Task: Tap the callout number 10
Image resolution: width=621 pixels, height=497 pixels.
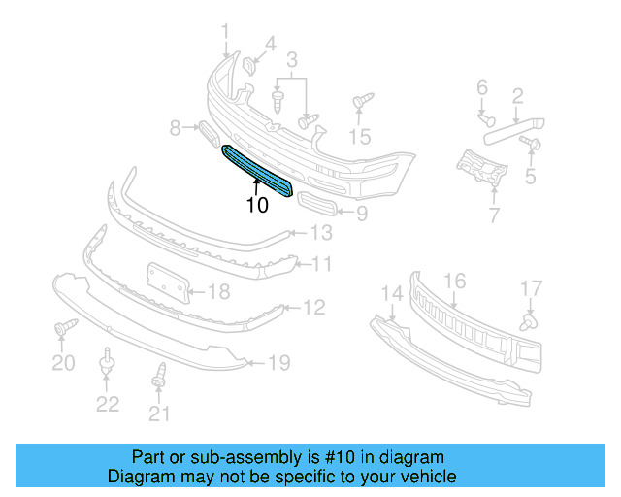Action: pos(257,206)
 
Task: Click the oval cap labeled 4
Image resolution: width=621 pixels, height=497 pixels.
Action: pos(248,65)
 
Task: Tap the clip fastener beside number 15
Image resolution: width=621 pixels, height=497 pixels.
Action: pos(362,102)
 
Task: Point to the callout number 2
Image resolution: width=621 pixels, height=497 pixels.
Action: pos(517,95)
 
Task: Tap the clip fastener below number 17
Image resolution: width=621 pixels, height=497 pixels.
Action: pos(530,317)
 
